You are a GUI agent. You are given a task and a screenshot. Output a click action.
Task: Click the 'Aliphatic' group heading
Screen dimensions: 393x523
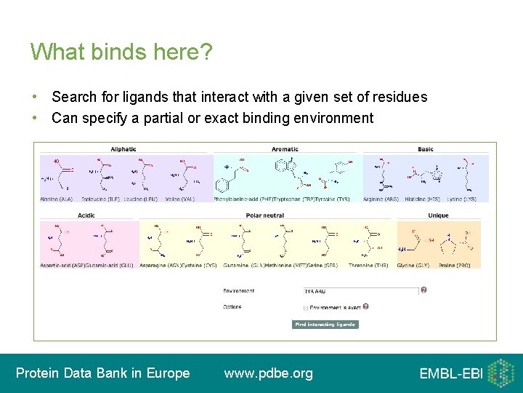point(123,149)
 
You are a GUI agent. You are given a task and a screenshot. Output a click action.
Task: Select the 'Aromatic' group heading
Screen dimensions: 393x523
point(285,149)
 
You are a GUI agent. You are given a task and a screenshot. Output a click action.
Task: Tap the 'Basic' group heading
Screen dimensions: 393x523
point(426,149)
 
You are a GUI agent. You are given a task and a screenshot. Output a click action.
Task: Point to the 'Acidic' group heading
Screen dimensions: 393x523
point(86,215)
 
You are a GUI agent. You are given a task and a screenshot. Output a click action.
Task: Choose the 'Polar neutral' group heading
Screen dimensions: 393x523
point(264,215)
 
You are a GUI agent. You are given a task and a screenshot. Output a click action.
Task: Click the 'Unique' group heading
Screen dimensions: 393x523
point(438,215)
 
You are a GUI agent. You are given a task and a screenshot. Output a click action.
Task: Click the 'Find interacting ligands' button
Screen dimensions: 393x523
point(325,325)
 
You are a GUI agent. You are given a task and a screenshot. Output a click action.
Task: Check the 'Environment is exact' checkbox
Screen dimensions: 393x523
point(306,308)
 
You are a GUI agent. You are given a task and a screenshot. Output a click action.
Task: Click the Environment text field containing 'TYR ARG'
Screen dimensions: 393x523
point(360,291)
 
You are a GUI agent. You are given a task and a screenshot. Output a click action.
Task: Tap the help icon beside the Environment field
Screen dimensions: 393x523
point(423,290)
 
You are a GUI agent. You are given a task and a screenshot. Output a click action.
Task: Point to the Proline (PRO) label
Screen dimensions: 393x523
point(454,266)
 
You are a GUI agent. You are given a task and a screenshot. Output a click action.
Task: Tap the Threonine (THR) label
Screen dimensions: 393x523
point(368,266)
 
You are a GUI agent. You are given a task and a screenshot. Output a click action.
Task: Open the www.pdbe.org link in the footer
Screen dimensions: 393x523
point(269,373)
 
